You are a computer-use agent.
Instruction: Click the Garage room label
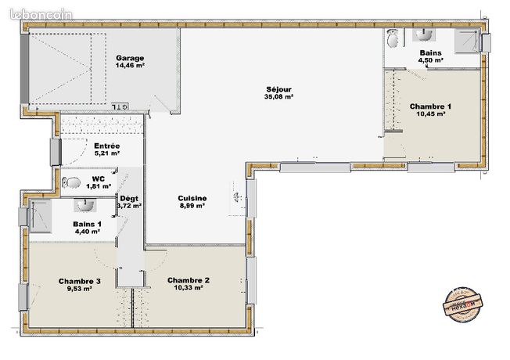click(x=130, y=59)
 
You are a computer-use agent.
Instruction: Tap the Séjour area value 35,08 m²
click(x=278, y=98)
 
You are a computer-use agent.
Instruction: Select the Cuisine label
click(x=192, y=198)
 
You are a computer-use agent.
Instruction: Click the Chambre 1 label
click(x=430, y=106)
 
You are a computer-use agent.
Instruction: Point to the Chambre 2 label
click(x=188, y=280)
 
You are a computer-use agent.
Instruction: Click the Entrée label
click(x=106, y=146)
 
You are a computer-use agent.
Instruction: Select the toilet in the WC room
click(x=73, y=182)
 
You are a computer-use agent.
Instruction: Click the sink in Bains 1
click(x=84, y=206)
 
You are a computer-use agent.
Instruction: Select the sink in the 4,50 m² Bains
click(x=423, y=34)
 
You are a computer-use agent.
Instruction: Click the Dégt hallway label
click(x=128, y=198)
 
